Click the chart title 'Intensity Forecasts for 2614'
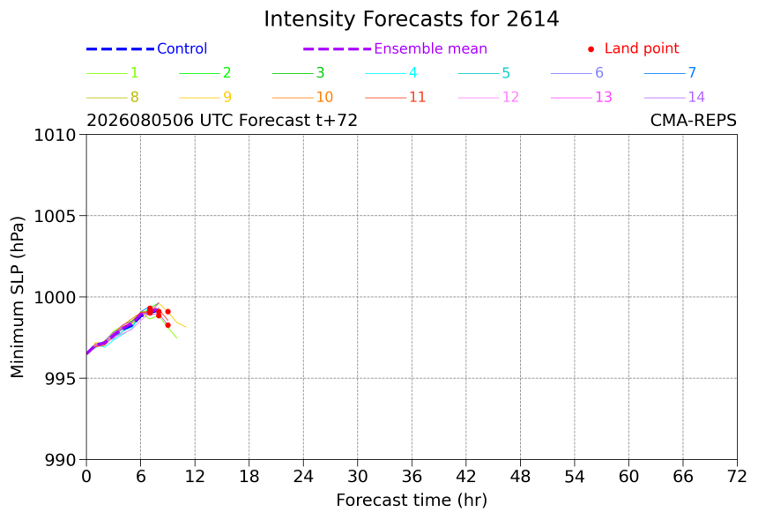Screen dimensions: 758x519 [x=412, y=19]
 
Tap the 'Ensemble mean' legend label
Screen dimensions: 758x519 [x=430, y=48]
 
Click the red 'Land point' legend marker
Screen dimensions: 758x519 [x=591, y=48]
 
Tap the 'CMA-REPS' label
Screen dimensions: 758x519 [x=694, y=121]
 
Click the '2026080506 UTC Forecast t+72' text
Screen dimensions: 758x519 [x=222, y=121]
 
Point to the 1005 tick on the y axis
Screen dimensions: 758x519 [x=55, y=216]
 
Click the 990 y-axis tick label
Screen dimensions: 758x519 [x=60, y=460]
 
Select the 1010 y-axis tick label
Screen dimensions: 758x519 [x=55, y=135]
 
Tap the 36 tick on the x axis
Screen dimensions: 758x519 [x=412, y=477]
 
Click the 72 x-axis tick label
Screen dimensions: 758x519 [x=737, y=477]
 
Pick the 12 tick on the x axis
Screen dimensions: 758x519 [x=195, y=477]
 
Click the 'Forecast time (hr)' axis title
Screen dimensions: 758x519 [x=412, y=500]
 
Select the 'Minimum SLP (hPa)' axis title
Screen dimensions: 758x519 [x=17, y=297]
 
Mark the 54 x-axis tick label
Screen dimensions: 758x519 [x=575, y=477]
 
